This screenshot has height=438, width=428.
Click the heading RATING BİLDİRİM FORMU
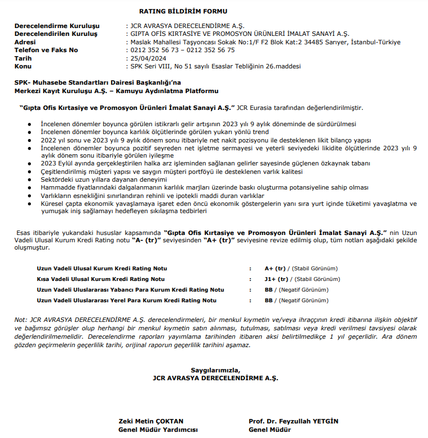(x=183, y=11)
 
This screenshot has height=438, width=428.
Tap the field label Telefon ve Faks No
(x=47, y=50)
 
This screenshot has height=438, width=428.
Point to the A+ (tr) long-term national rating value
(x=276, y=269)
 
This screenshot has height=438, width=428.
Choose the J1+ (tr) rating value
(x=277, y=279)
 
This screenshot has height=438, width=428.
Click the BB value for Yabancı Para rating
(x=269, y=289)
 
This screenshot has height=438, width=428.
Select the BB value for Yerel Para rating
(x=269, y=300)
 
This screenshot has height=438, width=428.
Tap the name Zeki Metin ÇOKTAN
(x=151, y=421)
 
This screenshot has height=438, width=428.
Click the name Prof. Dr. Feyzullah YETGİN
(x=293, y=421)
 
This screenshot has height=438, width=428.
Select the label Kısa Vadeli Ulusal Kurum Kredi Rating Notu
(x=101, y=279)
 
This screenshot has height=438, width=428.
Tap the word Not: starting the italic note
(x=20, y=320)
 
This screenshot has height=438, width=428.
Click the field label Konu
(x=23, y=66)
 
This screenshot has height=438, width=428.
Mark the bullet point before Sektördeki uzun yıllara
(x=30, y=179)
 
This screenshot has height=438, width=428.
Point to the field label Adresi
(x=25, y=42)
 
